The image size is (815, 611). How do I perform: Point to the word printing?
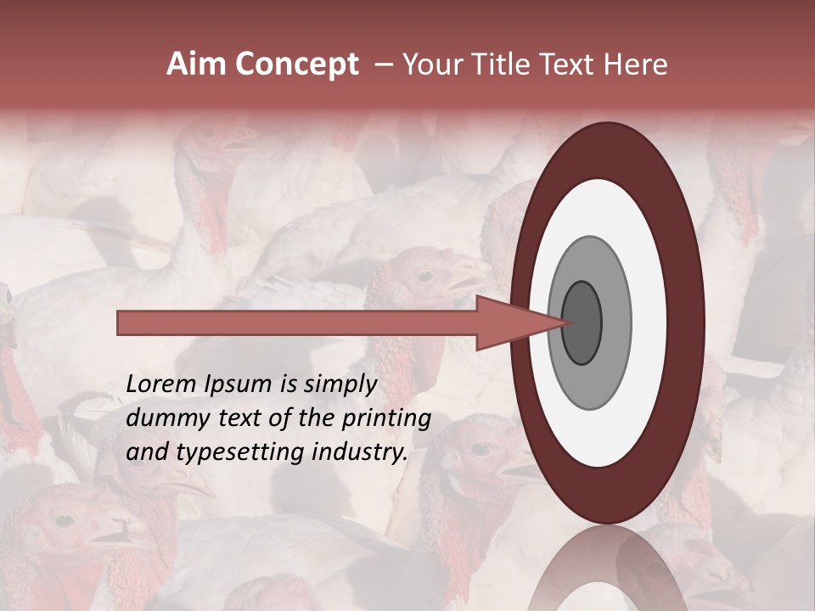coord(386,419)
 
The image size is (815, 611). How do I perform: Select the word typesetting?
coord(222,453)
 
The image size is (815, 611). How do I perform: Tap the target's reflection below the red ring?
coord(607,569)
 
